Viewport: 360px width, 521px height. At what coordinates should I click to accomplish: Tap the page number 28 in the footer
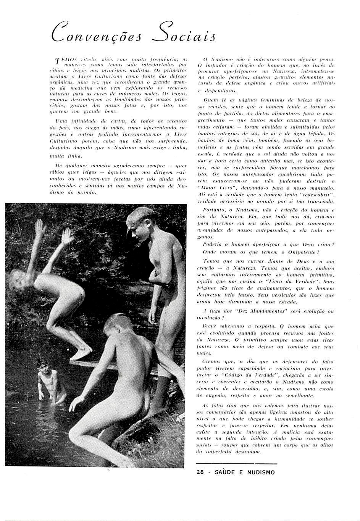tap(200, 472)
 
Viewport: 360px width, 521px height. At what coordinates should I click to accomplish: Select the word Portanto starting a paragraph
tap(214, 210)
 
